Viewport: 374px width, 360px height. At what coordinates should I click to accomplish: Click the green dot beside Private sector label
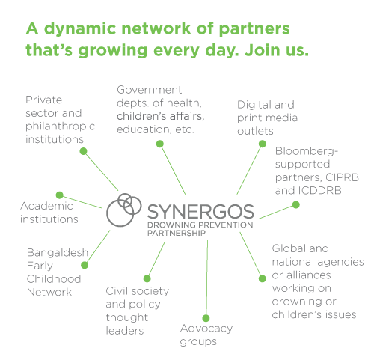[83, 151]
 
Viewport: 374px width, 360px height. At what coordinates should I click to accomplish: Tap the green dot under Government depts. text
[160, 144]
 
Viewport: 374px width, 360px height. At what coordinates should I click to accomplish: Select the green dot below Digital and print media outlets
[263, 144]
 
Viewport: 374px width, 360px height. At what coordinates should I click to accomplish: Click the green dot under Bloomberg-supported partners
[296, 205]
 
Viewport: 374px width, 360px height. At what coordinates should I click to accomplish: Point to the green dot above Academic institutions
[60, 195]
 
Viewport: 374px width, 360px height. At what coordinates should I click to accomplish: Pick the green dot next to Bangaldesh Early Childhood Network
[85, 265]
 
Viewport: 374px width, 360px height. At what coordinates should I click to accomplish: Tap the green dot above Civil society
[147, 278]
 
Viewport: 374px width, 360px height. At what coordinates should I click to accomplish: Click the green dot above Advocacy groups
[206, 318]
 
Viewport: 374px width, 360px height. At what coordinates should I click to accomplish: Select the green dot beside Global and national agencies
[263, 278]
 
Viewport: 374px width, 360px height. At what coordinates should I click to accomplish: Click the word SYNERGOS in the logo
[200, 212]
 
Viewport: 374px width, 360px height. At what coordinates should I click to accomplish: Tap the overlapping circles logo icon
[124, 210]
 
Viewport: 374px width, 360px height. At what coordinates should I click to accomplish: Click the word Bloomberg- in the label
[307, 151]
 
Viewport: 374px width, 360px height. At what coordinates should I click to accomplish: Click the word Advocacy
[206, 329]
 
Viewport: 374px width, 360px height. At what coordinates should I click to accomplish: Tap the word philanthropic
[60, 126]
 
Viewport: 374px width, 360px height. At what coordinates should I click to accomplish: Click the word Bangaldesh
[58, 253]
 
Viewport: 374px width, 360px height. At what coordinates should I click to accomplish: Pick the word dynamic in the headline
[80, 29]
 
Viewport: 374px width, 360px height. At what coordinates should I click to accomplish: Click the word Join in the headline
[263, 50]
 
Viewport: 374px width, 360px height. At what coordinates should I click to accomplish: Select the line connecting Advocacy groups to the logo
[206, 279]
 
